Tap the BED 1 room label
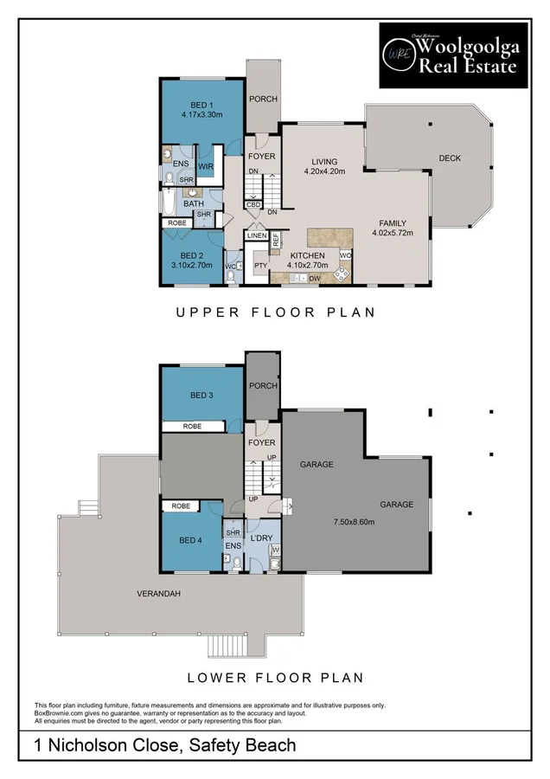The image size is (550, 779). pyautogui.click(x=201, y=107)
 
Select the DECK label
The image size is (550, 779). pyautogui.click(x=450, y=158)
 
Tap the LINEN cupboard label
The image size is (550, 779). pyautogui.click(x=257, y=235)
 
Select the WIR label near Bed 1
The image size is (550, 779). pyautogui.click(x=206, y=166)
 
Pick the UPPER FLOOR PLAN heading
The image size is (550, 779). pyautogui.click(x=276, y=312)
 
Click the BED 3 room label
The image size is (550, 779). pyautogui.click(x=201, y=396)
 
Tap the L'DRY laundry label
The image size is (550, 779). pyautogui.click(x=261, y=538)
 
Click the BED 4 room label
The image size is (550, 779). pyautogui.click(x=191, y=540)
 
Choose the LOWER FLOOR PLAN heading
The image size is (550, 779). pyautogui.click(x=276, y=677)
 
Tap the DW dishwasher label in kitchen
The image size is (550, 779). pyautogui.click(x=316, y=279)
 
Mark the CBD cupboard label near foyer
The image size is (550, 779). pyautogui.click(x=253, y=204)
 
